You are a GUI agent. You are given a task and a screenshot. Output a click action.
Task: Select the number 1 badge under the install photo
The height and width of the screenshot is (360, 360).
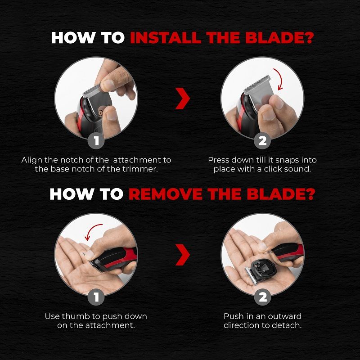click(x=96, y=141)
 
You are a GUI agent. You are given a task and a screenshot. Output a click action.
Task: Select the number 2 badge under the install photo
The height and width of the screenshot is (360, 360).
click(x=262, y=141)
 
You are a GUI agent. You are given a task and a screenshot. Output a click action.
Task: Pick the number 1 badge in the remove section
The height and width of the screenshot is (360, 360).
click(x=96, y=297)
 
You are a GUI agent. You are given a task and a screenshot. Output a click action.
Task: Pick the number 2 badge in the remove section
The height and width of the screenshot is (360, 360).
click(x=262, y=297)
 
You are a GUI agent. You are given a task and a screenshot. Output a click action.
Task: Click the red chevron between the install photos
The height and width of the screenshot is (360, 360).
click(x=182, y=99)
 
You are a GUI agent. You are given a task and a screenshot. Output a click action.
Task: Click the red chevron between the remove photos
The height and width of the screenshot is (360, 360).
click(x=182, y=255)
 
